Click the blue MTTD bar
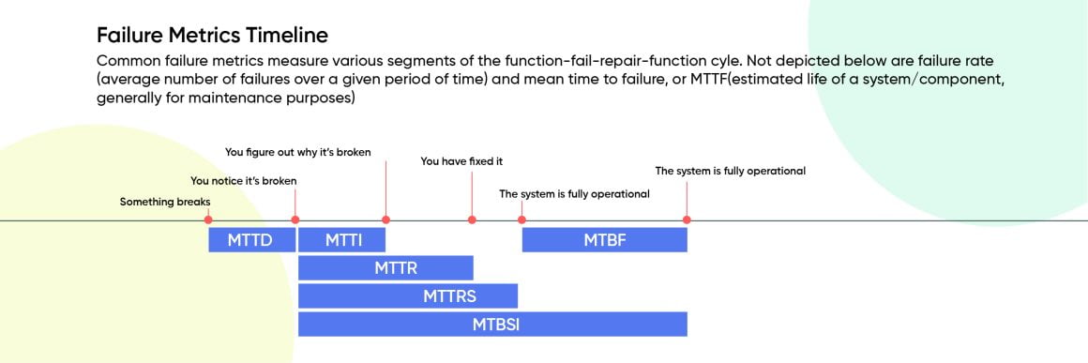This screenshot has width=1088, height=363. click(250, 240)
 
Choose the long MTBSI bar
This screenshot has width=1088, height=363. click(492, 325)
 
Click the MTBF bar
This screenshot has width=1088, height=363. click(604, 240)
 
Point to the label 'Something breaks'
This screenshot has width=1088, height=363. click(165, 202)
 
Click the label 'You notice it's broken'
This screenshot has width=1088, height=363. click(244, 180)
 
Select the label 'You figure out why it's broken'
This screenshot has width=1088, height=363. click(298, 152)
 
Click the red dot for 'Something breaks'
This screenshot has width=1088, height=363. click(208, 219)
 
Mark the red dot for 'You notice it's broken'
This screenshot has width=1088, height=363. click(295, 219)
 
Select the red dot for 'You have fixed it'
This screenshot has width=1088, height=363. click(472, 219)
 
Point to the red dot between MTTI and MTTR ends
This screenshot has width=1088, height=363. click(385, 219)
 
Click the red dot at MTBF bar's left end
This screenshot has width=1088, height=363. click(521, 219)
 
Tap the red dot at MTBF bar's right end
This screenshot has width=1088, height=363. click(687, 219)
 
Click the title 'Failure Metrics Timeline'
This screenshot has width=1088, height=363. click(212, 36)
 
